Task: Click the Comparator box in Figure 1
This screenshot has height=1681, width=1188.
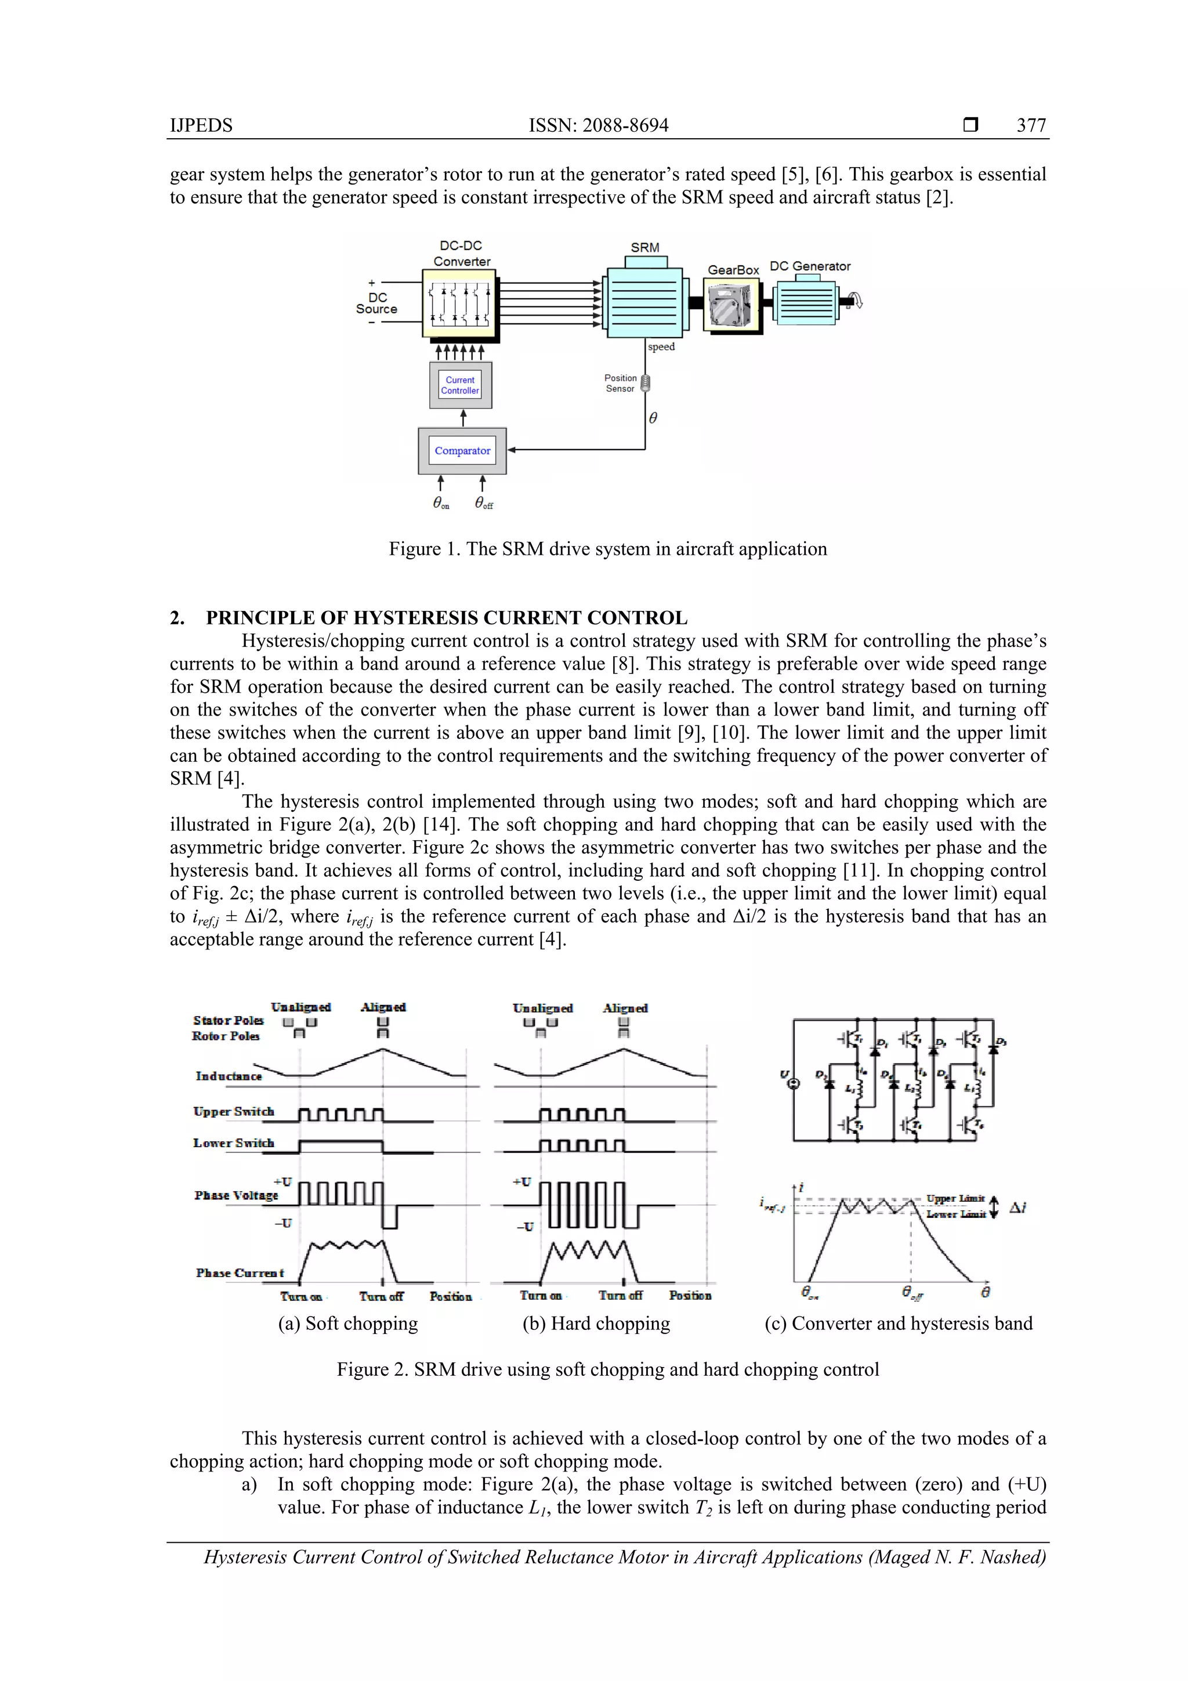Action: [x=462, y=451]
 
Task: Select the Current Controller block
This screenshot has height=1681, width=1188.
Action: [x=461, y=385]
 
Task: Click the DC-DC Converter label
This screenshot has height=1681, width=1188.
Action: [x=461, y=254]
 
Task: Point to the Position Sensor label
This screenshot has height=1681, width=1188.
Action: [x=620, y=384]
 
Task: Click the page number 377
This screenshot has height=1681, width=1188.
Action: [x=1031, y=125]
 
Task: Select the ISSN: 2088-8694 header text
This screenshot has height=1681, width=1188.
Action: [x=598, y=125]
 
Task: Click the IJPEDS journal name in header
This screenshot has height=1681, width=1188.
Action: [x=201, y=125]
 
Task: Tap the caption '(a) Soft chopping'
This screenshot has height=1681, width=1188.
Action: [x=347, y=1323]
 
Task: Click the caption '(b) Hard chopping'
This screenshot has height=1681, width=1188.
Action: [x=596, y=1323]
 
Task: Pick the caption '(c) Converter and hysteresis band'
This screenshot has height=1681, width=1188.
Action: [x=898, y=1323]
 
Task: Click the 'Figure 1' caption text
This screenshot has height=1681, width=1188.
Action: [x=607, y=549]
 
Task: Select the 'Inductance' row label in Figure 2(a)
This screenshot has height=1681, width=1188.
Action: [x=229, y=1076]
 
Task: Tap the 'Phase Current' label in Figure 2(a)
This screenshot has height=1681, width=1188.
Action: [x=240, y=1273]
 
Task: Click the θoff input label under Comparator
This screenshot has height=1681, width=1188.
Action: [x=483, y=503]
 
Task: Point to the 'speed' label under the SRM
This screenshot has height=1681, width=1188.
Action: [x=661, y=347]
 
